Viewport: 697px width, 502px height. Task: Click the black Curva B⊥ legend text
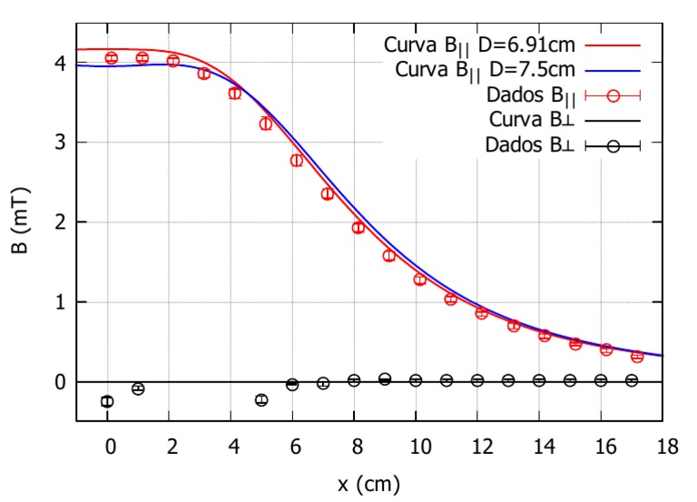(x=531, y=120)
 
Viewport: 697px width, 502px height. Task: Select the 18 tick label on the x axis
(x=662, y=445)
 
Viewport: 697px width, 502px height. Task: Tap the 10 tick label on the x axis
(x=416, y=445)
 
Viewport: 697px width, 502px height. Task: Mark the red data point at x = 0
(x=111, y=58)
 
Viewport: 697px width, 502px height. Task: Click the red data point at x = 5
(x=265, y=123)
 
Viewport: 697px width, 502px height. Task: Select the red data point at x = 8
(x=358, y=227)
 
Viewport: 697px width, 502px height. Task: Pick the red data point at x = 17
(x=637, y=357)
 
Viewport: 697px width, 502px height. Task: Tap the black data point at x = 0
(x=107, y=401)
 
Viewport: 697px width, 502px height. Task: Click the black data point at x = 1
(x=138, y=389)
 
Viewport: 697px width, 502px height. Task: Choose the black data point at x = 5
(x=261, y=399)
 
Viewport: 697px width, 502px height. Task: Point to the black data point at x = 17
(x=632, y=380)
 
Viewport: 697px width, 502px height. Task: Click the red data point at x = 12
(x=481, y=313)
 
